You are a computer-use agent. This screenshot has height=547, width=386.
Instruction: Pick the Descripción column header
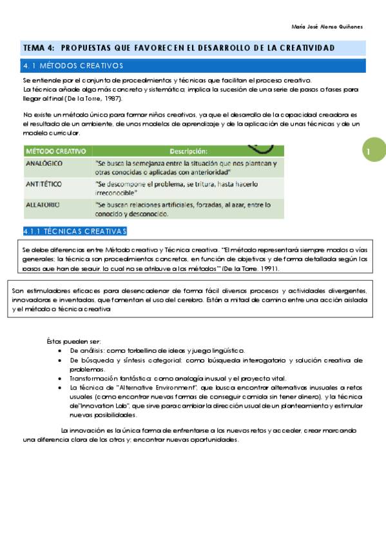(188, 151)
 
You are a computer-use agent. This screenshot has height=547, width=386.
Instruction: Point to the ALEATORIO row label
(43, 204)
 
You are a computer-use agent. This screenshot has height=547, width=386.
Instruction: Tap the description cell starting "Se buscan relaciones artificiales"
(182, 209)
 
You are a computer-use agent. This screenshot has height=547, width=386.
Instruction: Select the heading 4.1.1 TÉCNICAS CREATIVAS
(75, 231)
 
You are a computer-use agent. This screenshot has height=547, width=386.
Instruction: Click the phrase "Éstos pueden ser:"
(73, 341)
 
